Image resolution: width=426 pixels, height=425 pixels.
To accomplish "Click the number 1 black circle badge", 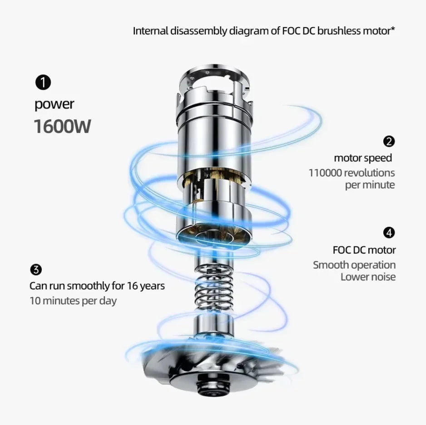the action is point(43,83).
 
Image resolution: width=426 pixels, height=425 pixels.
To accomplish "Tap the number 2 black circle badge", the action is point(389,142).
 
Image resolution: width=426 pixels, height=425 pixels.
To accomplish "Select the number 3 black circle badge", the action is point(36,269).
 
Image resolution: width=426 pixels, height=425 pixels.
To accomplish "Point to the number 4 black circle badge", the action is point(389,233).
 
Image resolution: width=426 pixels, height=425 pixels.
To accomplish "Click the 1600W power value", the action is point(63,127).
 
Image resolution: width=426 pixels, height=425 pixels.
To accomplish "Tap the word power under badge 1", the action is point(54,105).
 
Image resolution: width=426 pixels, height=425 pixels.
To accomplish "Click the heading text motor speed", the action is point(363,158).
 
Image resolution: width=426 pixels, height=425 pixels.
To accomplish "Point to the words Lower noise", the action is point(368,277).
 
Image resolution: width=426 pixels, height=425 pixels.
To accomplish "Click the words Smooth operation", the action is point(354,265).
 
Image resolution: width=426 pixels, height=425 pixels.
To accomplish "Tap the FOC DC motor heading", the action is point(364,250).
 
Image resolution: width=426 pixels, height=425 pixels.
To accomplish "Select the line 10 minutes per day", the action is point(73,301).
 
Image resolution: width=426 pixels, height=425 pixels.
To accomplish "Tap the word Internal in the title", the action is point(150,31).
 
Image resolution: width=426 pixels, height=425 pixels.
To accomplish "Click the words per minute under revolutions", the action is point(370,185).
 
